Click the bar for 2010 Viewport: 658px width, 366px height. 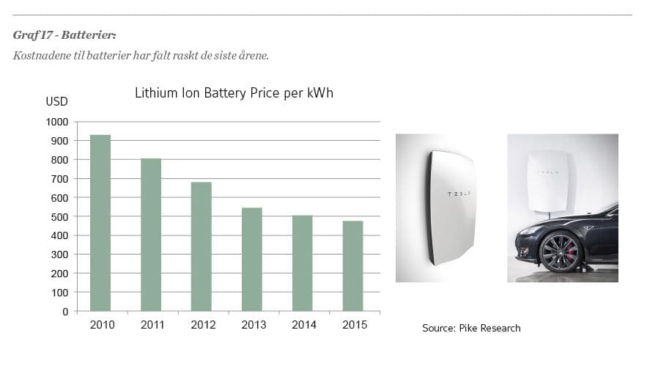click(100, 223)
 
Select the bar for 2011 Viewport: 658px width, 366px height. click(151, 235)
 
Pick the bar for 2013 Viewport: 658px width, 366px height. click(252, 260)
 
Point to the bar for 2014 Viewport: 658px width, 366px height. click(303, 263)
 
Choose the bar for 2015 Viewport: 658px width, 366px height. click(353, 266)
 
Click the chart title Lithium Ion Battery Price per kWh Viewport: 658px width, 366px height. click(234, 94)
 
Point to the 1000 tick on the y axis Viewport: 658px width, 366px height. click(56, 122)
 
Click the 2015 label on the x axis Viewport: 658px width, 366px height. click(354, 325)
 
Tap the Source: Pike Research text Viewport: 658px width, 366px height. click(471, 328)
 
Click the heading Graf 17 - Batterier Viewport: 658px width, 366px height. click(64, 35)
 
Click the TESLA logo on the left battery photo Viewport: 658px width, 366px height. click(459, 194)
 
